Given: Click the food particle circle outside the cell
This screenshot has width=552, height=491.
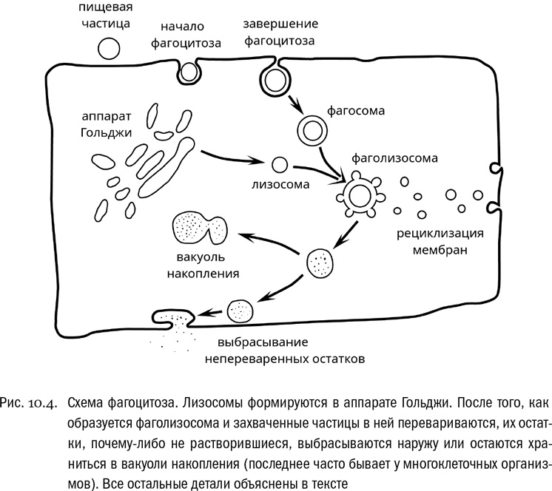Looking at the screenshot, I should coord(109,49).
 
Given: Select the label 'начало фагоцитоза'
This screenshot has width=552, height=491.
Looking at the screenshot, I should coord(186,35).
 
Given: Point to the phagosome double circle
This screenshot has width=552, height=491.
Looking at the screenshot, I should coord(311,131).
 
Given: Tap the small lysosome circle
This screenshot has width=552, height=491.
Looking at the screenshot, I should coord(280,165).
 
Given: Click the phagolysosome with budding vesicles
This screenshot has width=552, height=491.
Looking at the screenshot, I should coord(360,196).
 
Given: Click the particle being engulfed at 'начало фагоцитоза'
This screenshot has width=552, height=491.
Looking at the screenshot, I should coord(189,72).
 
